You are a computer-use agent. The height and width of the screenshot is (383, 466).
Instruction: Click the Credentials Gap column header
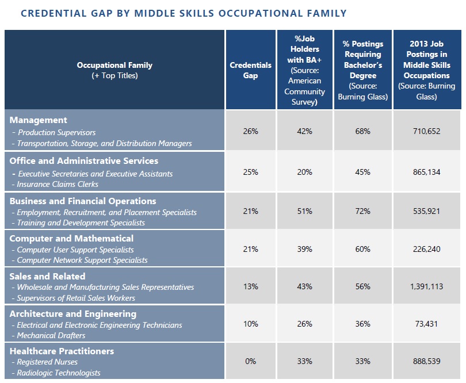point(250,70)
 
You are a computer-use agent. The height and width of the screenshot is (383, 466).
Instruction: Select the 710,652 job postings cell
point(426,131)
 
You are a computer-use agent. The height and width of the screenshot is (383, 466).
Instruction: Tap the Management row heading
point(39,120)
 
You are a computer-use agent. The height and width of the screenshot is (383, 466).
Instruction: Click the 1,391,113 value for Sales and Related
point(426,286)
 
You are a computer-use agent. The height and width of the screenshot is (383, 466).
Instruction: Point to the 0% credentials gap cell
point(250,361)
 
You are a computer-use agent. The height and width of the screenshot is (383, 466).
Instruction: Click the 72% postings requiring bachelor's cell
point(362,211)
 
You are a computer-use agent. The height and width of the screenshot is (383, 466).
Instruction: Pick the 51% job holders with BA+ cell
point(304,211)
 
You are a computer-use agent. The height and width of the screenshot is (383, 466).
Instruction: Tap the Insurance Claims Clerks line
point(55,184)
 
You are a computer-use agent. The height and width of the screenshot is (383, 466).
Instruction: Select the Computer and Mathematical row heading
point(71,238)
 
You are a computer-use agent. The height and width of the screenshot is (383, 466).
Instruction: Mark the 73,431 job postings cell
point(426,324)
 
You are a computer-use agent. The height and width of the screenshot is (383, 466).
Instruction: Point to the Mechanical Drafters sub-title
point(48,335)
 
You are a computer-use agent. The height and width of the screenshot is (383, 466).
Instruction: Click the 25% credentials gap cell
point(250,172)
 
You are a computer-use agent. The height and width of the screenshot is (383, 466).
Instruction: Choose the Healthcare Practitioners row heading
point(62,351)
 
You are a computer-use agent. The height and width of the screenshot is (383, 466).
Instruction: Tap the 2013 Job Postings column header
point(426,70)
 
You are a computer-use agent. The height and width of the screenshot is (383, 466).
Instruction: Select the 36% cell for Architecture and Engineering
point(362,324)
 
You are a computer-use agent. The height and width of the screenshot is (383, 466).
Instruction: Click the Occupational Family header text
point(114,65)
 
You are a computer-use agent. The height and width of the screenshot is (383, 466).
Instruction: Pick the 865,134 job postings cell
point(426,172)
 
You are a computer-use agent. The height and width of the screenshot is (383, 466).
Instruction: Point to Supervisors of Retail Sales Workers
point(74,298)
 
